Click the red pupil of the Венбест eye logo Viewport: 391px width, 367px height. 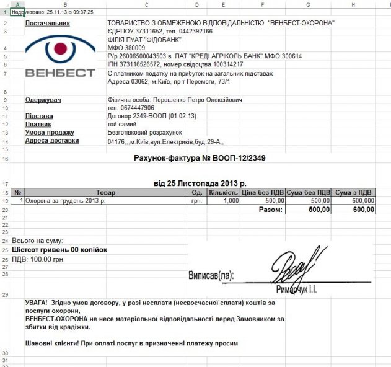pos(59,48)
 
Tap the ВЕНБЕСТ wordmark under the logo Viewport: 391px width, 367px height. pos(60,73)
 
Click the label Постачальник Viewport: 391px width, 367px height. pos(48,23)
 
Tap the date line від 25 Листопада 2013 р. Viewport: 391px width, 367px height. pos(200,183)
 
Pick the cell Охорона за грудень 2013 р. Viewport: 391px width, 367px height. pos(65,201)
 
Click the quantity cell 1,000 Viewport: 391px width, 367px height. pos(231,201)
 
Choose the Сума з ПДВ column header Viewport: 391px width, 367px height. pos(354,192)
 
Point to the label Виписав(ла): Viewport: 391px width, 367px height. pos(215,275)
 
